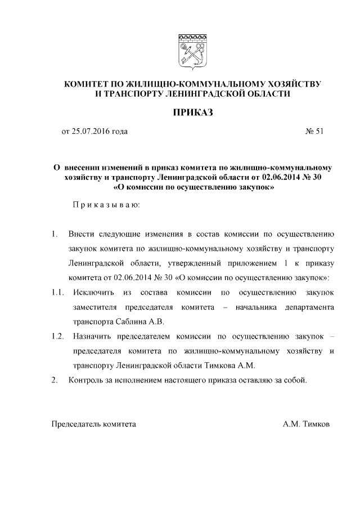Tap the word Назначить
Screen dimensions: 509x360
94,336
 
